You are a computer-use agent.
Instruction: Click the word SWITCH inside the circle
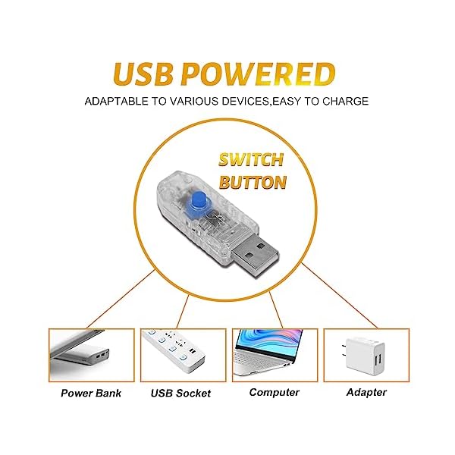click(x=251, y=160)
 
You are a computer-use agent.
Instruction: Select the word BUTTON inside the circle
click(x=252, y=183)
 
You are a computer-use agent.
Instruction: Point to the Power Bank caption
click(x=91, y=393)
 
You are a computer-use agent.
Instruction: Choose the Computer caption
click(x=274, y=392)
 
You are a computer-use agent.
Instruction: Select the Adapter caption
click(x=366, y=392)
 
